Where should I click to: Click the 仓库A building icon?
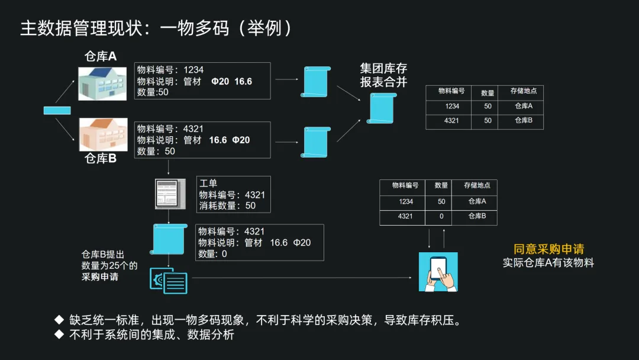coord(102,83)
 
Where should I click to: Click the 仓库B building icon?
coord(102,134)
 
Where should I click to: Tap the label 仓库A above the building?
coord(101,56)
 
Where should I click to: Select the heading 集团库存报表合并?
coord(383,75)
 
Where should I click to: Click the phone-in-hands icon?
coord(438,272)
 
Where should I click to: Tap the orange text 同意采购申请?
coord(548,249)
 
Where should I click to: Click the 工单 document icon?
coord(167,194)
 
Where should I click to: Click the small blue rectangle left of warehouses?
coord(57,110)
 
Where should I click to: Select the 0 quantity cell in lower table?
coord(441,217)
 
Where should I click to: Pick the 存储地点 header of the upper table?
coord(524,92)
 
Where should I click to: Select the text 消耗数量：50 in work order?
coord(228,205)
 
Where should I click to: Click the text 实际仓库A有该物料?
coord(548,263)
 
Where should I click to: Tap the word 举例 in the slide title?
coord(264,28)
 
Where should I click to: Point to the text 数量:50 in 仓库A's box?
coord(153,92)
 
